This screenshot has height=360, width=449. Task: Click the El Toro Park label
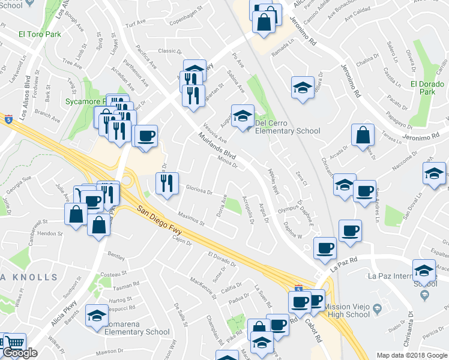click(x=40, y=34)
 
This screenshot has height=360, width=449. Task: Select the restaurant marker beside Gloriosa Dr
click(x=167, y=184)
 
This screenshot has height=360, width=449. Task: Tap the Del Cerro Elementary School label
click(x=288, y=127)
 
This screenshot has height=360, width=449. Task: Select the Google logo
click(x=20, y=353)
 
